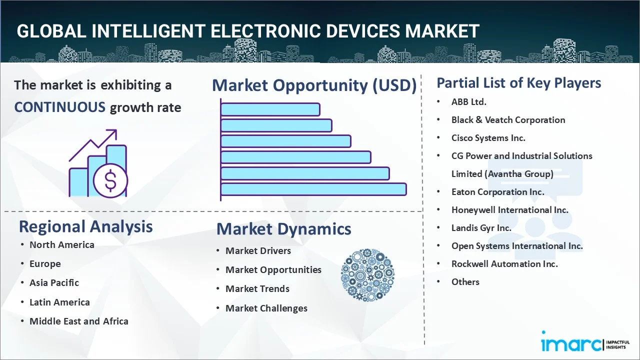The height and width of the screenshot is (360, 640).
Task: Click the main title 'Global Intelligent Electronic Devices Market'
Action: [248, 31]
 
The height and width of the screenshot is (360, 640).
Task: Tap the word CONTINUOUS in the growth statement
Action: [59, 107]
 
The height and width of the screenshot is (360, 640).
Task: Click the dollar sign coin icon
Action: [110, 181]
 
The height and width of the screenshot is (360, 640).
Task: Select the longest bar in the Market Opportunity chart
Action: [313, 189]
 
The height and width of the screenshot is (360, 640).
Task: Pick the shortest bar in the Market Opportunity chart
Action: [270, 109]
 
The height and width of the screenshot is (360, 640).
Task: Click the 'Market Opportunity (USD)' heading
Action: [314, 85]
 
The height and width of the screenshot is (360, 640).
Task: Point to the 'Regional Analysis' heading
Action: [85, 226]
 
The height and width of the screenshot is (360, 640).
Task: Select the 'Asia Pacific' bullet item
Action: [54, 282]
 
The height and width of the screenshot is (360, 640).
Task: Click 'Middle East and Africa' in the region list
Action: [78, 321]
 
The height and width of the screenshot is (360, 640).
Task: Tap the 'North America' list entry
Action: [61, 244]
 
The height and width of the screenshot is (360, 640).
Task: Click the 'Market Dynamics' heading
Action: [283, 229]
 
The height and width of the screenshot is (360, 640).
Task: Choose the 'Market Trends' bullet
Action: [257, 288]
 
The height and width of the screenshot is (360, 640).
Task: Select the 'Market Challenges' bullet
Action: [266, 308]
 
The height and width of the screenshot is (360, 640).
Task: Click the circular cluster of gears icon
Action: [367, 275]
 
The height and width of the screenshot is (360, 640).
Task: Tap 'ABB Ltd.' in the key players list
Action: [468, 101]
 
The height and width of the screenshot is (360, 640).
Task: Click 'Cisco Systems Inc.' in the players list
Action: [488, 137]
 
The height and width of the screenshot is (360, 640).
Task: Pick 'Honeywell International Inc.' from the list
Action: [509, 209]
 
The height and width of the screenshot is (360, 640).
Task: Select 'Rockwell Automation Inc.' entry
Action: [504, 263]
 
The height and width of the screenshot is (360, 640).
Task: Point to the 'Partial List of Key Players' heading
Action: [518, 82]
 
